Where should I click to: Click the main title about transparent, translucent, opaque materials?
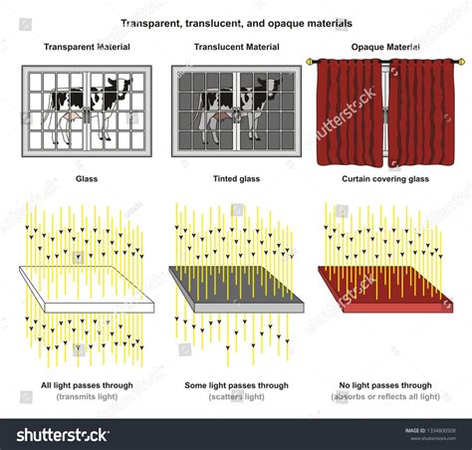[x=236, y=22]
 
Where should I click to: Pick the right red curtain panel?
[x=419, y=112]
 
